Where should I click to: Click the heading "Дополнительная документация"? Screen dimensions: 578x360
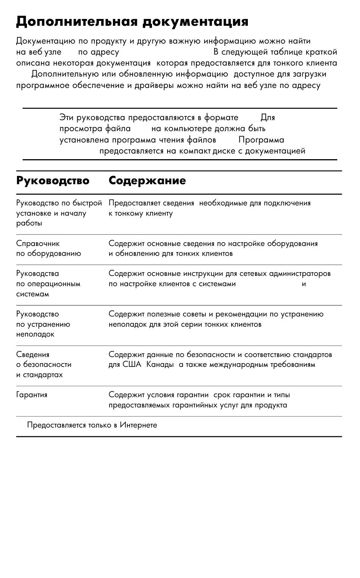tap(132, 22)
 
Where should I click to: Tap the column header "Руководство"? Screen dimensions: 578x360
tap(53, 180)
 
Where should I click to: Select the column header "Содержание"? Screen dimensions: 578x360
tap(147, 180)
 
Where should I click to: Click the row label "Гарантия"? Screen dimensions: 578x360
tap(32, 395)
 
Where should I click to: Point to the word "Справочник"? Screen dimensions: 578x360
tap(38, 243)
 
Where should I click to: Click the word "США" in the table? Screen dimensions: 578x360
tap(132, 365)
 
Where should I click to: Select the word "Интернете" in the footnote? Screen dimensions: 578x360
tap(138, 425)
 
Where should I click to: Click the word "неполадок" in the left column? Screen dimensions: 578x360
tap(35, 334)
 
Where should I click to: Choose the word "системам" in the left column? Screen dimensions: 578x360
tap(33, 294)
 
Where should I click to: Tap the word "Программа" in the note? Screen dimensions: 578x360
tap(261, 140)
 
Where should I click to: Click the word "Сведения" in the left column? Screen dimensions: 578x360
tap(33, 355)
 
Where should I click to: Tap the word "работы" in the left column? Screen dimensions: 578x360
tap(29, 223)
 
